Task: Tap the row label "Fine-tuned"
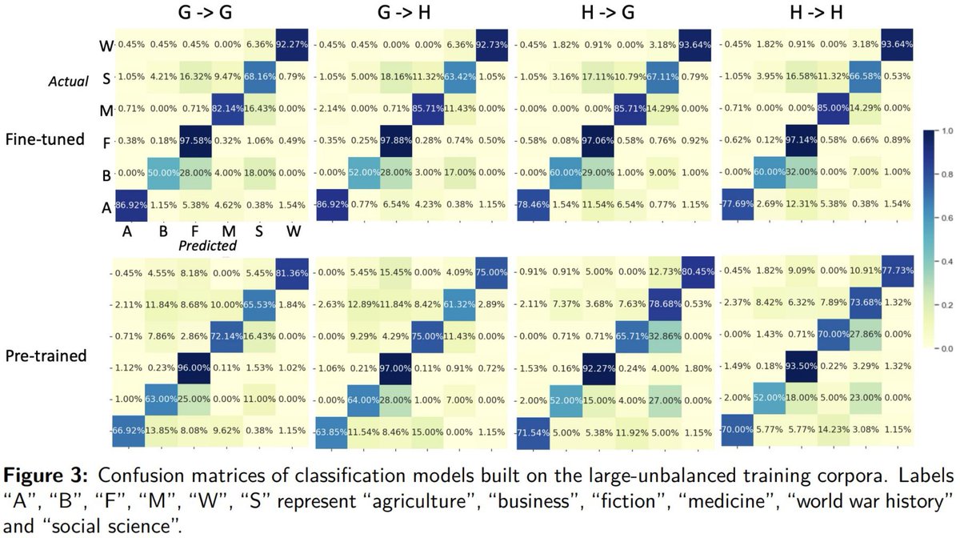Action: (46, 138)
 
